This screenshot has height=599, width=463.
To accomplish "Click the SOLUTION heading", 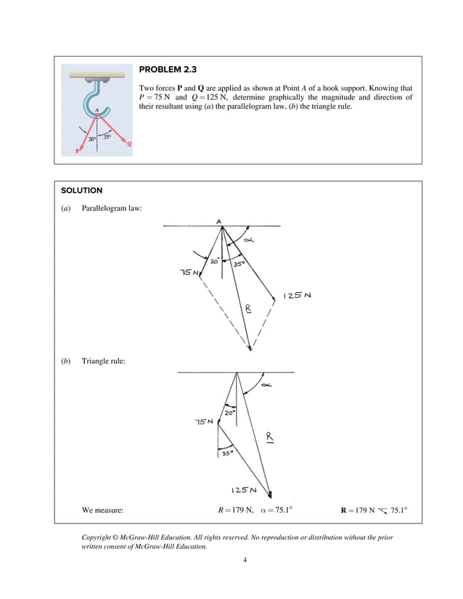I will (81, 191).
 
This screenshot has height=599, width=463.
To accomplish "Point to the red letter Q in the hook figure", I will (129, 144).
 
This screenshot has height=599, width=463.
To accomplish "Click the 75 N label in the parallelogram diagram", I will (190, 273).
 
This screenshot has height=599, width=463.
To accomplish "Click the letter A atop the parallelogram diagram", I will (219, 220).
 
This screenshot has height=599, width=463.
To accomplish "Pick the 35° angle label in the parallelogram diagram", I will (239, 265).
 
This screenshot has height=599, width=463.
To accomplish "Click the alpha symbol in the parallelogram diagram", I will (249, 240).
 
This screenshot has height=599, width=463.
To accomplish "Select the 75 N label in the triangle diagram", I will (204, 422).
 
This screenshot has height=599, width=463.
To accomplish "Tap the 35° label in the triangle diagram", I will (228, 453).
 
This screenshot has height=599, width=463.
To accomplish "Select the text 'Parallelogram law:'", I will (112, 209).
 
